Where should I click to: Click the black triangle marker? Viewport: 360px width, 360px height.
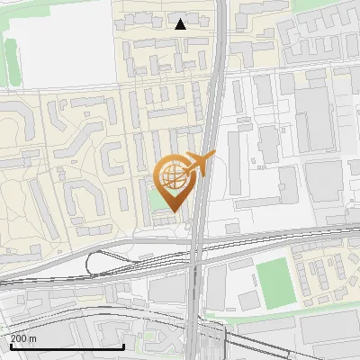tap(181, 24)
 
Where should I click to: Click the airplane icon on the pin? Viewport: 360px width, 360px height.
tap(196, 164)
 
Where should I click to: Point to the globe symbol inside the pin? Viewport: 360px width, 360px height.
tap(172, 176)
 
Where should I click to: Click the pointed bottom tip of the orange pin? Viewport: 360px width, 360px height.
tap(173, 211)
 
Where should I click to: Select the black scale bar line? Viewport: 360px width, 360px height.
tap(67, 346)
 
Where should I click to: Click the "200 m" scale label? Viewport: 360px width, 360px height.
tap(23, 338)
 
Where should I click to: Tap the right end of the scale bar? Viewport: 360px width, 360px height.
tap(123, 346)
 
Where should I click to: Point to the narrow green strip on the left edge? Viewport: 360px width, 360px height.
tap(11, 58)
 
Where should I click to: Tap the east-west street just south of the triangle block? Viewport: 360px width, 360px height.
tap(162, 85)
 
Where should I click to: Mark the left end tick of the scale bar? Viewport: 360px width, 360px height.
tap(10, 346)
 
